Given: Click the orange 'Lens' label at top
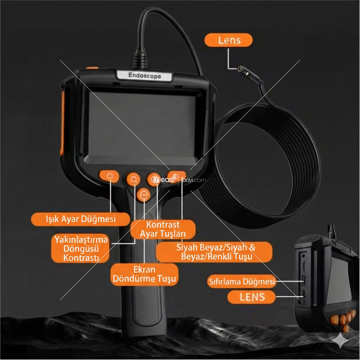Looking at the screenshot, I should click(x=228, y=40).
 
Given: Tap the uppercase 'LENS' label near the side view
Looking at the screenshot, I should click(x=252, y=297).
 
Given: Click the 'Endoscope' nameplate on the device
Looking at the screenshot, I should click(x=144, y=75).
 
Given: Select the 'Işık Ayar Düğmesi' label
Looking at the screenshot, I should click(x=81, y=219).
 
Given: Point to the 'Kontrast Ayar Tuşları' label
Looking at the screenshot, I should click(x=163, y=229).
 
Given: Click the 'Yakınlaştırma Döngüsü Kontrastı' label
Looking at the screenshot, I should click(x=80, y=248).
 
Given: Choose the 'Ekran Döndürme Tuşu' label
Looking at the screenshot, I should click(x=144, y=274).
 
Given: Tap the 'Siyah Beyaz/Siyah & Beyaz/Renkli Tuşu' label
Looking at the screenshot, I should click(x=214, y=252).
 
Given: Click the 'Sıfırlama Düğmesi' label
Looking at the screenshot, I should click(x=242, y=282).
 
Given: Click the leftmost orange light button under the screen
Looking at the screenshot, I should click(x=109, y=176).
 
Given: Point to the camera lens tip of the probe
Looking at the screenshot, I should click(x=240, y=69).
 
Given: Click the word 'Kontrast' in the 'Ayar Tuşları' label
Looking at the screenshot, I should click(x=163, y=225).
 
